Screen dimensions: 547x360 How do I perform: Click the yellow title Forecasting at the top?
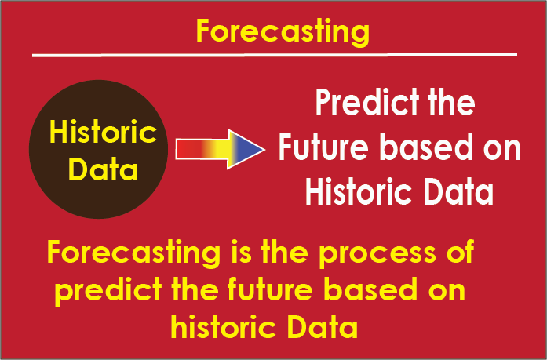[x=283, y=32]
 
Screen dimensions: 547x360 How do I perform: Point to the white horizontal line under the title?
[x=275, y=55]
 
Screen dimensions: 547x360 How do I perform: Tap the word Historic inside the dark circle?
[x=103, y=132]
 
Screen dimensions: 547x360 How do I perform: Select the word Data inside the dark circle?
[x=104, y=169]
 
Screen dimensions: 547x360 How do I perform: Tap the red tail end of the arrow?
[x=183, y=149]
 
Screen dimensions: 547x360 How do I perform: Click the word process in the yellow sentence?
[x=377, y=253]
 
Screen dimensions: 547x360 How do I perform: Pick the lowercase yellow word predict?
[x=108, y=291]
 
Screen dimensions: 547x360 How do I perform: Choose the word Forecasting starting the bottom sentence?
[x=134, y=253]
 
